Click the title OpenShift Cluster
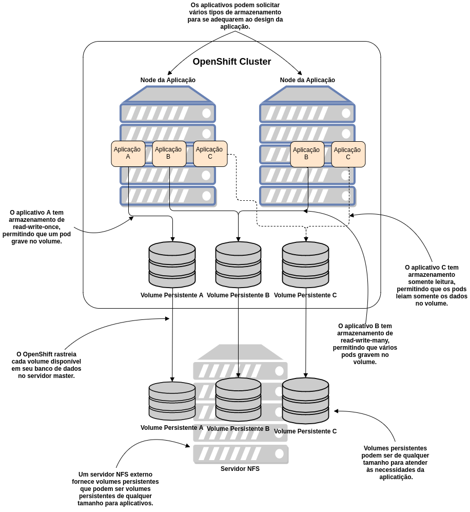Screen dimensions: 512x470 [232, 62]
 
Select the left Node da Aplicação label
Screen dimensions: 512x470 [168, 80]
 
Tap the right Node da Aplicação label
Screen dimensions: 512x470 [307, 80]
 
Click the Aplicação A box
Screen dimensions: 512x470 [128, 154]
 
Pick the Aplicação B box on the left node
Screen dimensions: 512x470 [169, 154]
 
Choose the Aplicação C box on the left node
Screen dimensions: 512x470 [210, 154]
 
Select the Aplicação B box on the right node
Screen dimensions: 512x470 [307, 154]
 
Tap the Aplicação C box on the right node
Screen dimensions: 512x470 [348, 154]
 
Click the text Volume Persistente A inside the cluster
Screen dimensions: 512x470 [172, 295]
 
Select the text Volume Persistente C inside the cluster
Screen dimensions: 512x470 [305, 295]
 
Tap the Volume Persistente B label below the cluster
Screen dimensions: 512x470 [238, 429]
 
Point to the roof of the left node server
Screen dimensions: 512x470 [168, 95]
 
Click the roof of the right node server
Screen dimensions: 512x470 [307, 95]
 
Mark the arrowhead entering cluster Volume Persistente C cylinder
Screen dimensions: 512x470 [306, 239]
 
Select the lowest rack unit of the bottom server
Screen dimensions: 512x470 [240, 453]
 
